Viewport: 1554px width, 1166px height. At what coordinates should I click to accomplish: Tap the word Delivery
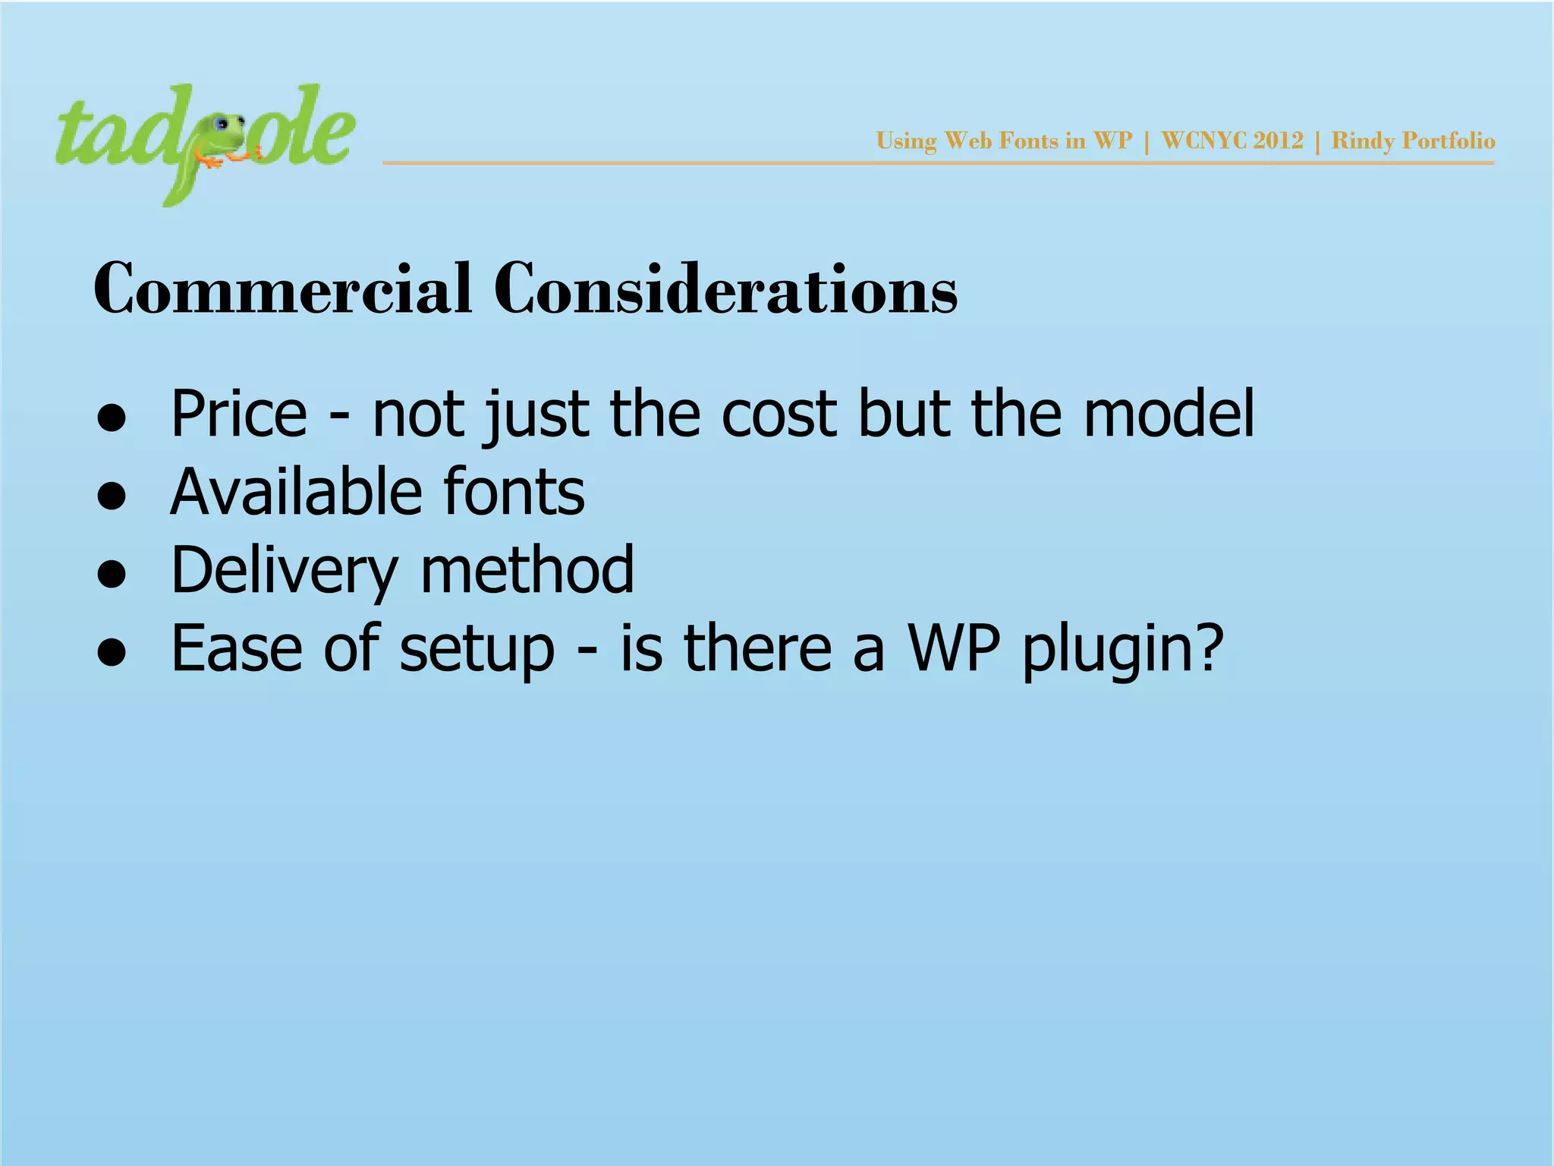285,571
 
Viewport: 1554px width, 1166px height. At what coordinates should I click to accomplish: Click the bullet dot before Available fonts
112,496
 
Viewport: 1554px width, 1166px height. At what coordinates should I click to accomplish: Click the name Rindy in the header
1363,141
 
